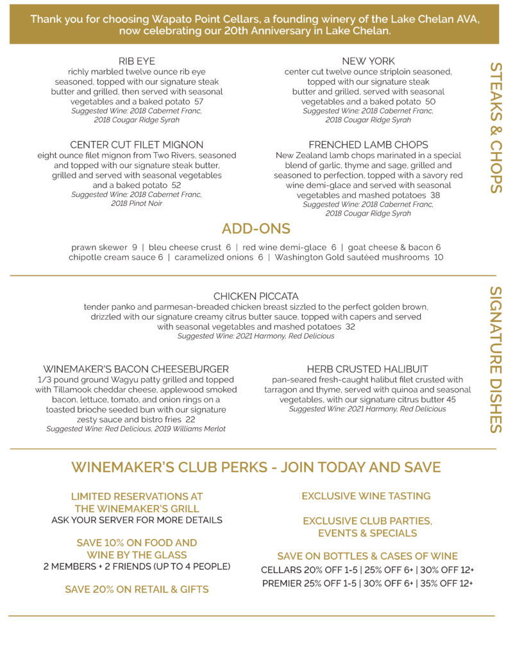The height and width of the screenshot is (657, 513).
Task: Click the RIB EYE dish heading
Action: pyautogui.click(x=137, y=61)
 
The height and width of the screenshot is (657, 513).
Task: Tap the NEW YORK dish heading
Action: pyautogui.click(x=368, y=61)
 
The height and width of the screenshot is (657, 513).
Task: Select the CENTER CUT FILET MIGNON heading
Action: pyautogui.click(x=137, y=145)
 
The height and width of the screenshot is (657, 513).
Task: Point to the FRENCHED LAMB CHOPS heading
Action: pyautogui.click(x=368, y=145)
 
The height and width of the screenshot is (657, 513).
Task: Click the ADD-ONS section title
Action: pyautogui.click(x=256, y=228)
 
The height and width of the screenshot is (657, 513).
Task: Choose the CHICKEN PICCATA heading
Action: pyautogui.click(x=256, y=296)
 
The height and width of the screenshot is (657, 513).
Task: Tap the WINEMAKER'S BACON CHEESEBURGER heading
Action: pyautogui.click(x=136, y=369)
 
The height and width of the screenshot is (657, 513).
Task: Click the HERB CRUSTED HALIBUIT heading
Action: pyautogui.click(x=367, y=369)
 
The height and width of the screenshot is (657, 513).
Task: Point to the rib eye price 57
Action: pyautogui.click(x=199, y=102)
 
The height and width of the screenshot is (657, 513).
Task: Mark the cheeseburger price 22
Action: pyautogui.click(x=190, y=420)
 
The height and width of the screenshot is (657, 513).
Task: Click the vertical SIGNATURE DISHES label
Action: pyautogui.click(x=496, y=359)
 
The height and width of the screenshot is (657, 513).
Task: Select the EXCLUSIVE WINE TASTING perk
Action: pyautogui.click(x=366, y=496)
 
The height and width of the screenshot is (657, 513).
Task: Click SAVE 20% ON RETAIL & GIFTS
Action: pyautogui.click(x=137, y=589)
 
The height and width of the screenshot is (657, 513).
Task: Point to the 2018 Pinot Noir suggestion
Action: pyautogui.click(x=137, y=204)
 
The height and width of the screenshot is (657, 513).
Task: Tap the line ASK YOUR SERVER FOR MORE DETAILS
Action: pyautogui.click(x=137, y=520)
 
